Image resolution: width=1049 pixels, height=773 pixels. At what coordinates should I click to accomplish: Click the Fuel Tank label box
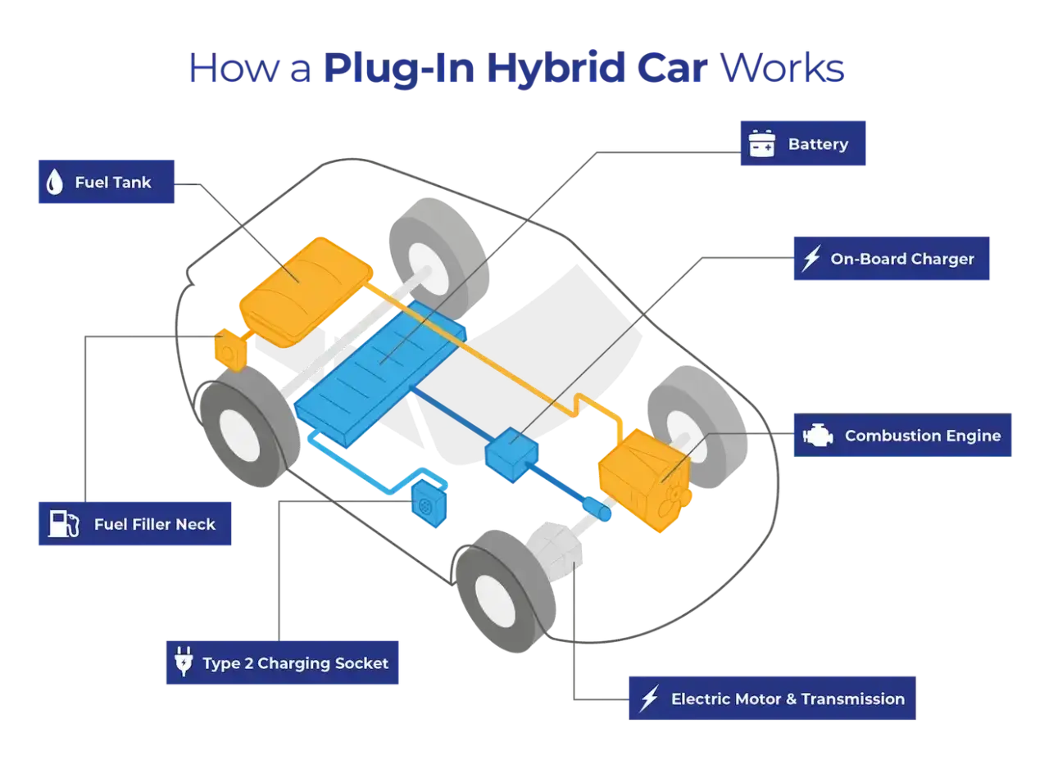(x=107, y=182)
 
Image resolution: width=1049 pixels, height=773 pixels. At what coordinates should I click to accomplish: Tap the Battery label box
(x=802, y=143)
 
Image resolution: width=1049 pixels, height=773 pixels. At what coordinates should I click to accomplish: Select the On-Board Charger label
(x=891, y=259)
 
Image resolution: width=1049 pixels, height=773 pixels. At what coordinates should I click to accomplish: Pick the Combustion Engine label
(x=902, y=435)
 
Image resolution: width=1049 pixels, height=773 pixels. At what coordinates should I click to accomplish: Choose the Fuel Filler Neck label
(x=135, y=523)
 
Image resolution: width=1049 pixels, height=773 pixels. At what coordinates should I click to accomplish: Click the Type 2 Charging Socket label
(x=283, y=662)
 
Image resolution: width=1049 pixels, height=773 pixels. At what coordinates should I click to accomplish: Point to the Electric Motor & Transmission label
(x=772, y=698)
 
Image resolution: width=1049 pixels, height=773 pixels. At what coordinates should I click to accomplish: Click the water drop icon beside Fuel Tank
(x=55, y=182)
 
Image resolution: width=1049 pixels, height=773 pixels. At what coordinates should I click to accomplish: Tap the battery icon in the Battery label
(x=762, y=143)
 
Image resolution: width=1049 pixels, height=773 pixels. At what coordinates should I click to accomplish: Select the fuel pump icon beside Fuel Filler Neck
(x=64, y=523)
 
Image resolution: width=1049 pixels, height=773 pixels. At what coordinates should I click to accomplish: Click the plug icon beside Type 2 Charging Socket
(x=184, y=661)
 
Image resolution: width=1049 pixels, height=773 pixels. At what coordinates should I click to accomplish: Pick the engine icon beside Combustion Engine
(x=818, y=435)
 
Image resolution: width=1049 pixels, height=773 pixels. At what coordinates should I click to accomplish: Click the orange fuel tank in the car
(x=306, y=293)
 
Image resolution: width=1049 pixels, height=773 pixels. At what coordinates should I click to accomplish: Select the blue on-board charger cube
(x=512, y=454)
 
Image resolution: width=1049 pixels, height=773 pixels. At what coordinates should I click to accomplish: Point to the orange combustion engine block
(x=645, y=481)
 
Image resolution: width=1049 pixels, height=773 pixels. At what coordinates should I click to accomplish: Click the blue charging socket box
(x=429, y=503)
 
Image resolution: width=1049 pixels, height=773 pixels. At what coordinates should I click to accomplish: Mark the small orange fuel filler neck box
(x=230, y=350)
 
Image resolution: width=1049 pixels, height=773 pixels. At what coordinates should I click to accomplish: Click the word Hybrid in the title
(x=556, y=68)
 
